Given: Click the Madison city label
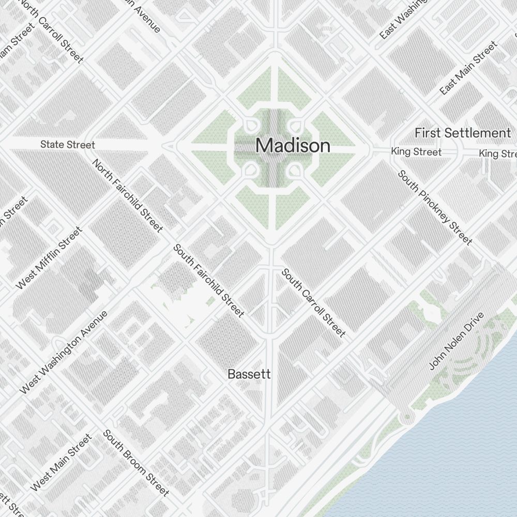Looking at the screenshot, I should point(293,146).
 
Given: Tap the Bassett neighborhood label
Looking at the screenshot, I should point(249,374).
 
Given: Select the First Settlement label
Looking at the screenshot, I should point(462,133).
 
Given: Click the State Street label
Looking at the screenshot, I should point(68,145).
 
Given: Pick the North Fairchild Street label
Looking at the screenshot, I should point(128,195).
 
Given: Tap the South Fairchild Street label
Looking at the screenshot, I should point(208,280).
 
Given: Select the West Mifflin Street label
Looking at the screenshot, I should point(49,258).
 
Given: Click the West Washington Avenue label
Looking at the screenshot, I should point(64,352).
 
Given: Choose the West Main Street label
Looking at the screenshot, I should point(61,463).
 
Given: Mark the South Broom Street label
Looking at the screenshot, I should point(136,462).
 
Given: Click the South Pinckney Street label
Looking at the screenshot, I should point(434,207).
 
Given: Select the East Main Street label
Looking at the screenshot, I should point(468,68).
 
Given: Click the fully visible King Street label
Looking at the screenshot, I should point(416,152).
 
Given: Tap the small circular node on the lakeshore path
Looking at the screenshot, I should point(407,417).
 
